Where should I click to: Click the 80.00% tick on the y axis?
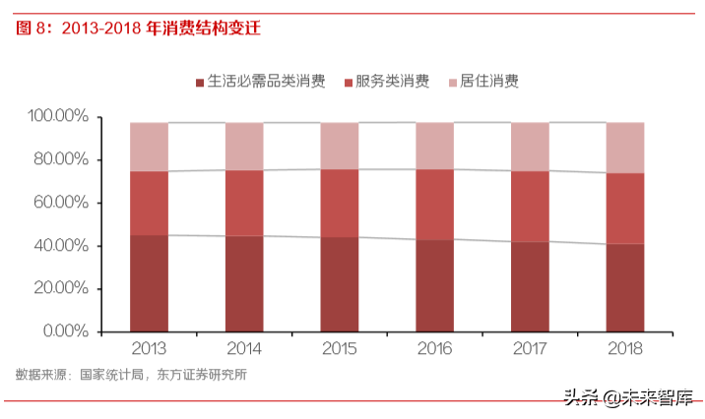click(x=61, y=160)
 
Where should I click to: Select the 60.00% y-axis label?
click(x=61, y=203)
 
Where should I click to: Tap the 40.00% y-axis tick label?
click(x=61, y=246)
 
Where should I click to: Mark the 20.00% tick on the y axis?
click(x=61, y=288)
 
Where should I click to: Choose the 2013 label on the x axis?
click(x=149, y=349)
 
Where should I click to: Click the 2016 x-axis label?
click(x=435, y=349)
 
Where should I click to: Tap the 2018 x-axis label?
click(x=625, y=349)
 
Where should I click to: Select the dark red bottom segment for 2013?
click(x=149, y=283)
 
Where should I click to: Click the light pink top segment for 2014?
click(x=244, y=147)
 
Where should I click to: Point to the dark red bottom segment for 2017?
click(x=530, y=286)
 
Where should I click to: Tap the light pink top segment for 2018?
click(x=625, y=148)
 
